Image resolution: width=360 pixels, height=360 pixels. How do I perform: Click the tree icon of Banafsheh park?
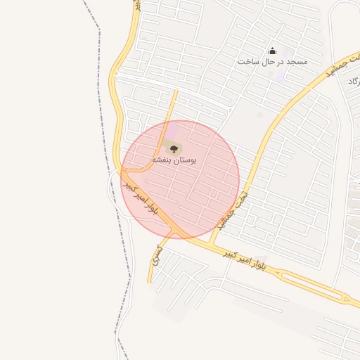[174, 148]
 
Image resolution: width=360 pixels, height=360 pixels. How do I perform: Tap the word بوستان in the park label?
[184, 161]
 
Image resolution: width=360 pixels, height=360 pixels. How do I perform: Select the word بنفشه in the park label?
[162, 161]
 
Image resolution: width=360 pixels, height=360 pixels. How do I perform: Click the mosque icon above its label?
[273, 51]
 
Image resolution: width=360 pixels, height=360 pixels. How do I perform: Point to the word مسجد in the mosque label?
[297, 63]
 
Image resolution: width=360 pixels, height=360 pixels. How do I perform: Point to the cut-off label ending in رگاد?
[353, 82]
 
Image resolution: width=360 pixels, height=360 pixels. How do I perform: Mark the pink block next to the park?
[172, 131]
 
